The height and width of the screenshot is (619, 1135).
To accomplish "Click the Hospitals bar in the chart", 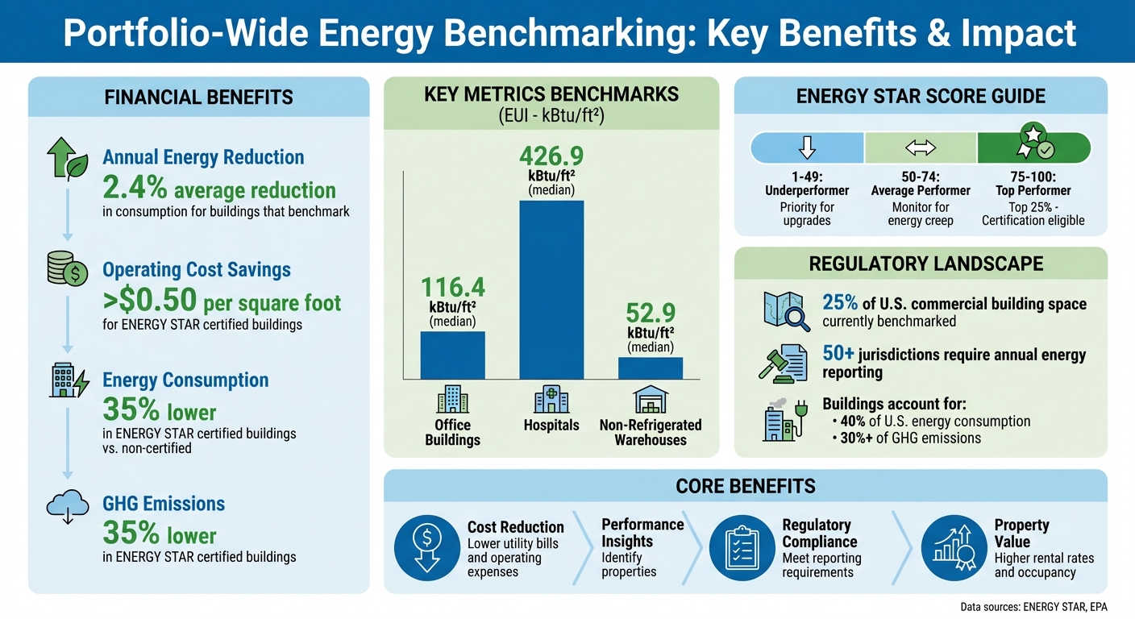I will (x=551, y=289).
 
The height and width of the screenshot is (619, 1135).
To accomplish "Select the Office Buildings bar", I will (x=452, y=355).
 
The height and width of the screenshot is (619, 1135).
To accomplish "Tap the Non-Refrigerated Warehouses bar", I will (x=650, y=368).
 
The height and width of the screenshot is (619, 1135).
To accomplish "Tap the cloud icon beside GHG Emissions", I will (x=69, y=506).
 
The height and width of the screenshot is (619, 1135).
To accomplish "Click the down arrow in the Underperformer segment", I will (x=807, y=148).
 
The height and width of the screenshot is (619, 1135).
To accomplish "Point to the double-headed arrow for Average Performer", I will (x=920, y=148).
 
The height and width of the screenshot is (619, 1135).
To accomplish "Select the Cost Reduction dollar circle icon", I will (x=426, y=548).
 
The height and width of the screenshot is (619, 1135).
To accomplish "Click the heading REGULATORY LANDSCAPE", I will (x=920, y=264).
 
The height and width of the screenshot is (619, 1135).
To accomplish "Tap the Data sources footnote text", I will (x=1033, y=607).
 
